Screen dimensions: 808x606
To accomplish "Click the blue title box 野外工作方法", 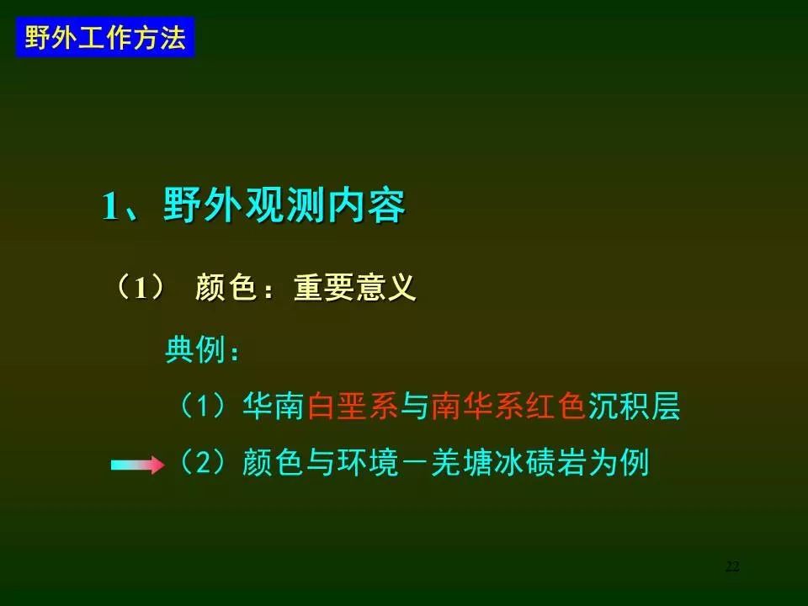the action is click(105, 37).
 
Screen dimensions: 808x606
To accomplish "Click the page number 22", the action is click(732, 566).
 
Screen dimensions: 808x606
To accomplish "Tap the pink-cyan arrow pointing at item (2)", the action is click(137, 465).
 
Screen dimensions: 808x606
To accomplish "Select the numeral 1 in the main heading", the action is click(109, 207).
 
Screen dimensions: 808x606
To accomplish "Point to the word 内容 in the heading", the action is click(365, 206).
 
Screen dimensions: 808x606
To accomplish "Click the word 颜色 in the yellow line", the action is click(226, 287).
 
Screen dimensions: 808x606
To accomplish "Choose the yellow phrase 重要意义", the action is click(354, 287).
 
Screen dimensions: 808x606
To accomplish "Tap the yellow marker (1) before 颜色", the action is click(140, 287).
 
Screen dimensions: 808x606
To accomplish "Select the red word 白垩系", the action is click(353, 406).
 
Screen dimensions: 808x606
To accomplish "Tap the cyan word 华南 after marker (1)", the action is click(273, 406).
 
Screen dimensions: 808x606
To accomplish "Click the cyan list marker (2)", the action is click(201, 462).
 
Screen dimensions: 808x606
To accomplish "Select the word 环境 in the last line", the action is click(368, 462).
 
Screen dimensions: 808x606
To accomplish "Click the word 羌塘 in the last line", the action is click(462, 462).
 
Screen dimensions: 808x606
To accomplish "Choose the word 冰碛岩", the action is click(540, 462).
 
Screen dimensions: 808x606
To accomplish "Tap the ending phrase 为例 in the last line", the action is click(619, 462).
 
